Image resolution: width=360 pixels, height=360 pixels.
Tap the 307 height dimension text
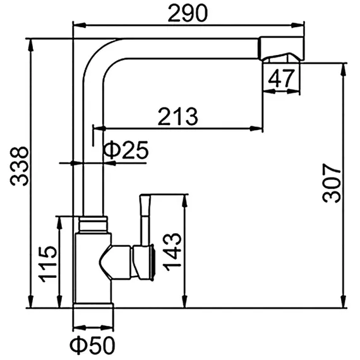point(331,183)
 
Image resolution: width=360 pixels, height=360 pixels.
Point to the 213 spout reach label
point(177,116)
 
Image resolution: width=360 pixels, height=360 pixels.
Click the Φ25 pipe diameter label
point(126,150)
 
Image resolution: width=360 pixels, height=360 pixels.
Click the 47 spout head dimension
point(282,79)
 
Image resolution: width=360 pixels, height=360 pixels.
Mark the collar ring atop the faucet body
point(93,223)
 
